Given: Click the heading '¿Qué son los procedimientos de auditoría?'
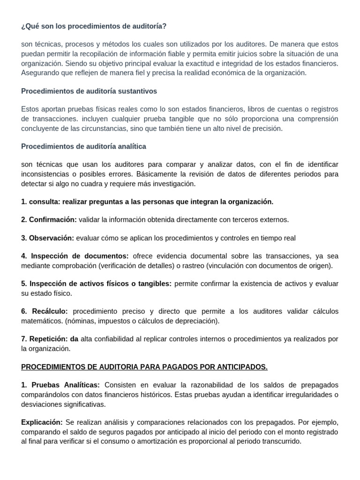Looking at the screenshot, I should (94, 26).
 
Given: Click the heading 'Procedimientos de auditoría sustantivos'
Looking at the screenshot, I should (89, 91).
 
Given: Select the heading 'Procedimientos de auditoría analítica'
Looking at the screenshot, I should (83, 146).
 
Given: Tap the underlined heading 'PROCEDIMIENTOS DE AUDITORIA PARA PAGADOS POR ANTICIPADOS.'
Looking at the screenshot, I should (144, 367).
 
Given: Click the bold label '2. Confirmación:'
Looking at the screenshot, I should (49, 219).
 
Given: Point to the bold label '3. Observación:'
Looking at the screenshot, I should (47, 238).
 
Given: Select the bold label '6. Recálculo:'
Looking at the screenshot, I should (45, 312).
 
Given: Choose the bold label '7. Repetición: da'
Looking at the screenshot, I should (50, 339).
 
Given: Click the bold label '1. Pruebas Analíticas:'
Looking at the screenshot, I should (60, 385).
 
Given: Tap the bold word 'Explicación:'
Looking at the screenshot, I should (42, 422).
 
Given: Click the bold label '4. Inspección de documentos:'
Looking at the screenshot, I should (75, 256).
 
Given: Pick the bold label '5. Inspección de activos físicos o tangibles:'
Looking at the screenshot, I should (96, 284).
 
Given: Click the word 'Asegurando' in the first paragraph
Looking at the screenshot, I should (39, 73).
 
